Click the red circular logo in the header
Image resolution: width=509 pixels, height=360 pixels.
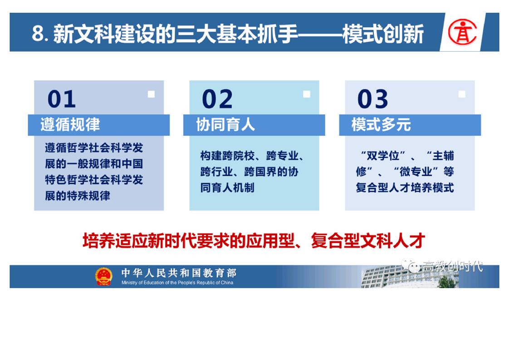(x=463, y=32)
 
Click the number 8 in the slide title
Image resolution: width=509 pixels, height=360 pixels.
(x=38, y=34)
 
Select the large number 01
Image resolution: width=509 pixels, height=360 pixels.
(x=62, y=99)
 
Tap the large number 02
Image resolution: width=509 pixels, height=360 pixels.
(x=217, y=99)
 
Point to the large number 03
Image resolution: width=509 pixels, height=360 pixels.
(x=372, y=99)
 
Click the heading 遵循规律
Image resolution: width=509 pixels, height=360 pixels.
(x=70, y=125)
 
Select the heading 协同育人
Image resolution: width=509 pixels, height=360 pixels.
(x=225, y=125)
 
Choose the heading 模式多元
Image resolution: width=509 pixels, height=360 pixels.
(x=381, y=125)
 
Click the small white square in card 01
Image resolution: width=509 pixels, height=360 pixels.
(x=151, y=94)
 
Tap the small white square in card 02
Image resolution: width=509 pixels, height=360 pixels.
(x=307, y=94)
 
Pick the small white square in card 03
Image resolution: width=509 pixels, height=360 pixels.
(x=462, y=94)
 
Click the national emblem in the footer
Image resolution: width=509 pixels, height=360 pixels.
(x=104, y=276)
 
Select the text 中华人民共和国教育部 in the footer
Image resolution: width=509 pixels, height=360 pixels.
(x=179, y=273)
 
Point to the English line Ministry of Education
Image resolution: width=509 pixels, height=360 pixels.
(x=177, y=283)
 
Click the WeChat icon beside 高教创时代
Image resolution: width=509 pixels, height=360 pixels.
(x=410, y=266)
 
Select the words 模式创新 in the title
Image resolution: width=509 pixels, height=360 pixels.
(x=383, y=34)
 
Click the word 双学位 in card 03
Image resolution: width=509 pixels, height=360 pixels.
(x=383, y=156)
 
